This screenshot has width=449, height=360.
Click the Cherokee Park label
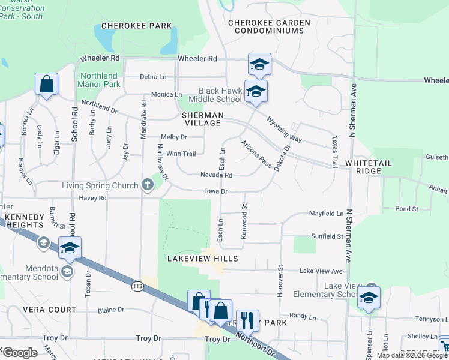[x=137, y=26]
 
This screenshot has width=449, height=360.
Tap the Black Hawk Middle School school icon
[x=256, y=92]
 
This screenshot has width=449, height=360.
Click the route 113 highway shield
[x=137, y=287]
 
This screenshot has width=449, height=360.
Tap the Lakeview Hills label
[x=202, y=259]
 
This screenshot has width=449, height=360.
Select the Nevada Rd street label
[x=216, y=175]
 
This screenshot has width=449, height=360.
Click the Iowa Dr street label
[x=216, y=191]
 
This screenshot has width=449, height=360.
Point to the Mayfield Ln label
[x=326, y=214]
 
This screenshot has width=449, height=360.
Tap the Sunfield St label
[x=327, y=236]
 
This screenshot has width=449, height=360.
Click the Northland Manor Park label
[x=100, y=80]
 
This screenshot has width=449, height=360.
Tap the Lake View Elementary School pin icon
[x=368, y=298]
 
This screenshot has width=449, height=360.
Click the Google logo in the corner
[x=20, y=352]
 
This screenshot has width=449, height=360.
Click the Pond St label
[x=407, y=209]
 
